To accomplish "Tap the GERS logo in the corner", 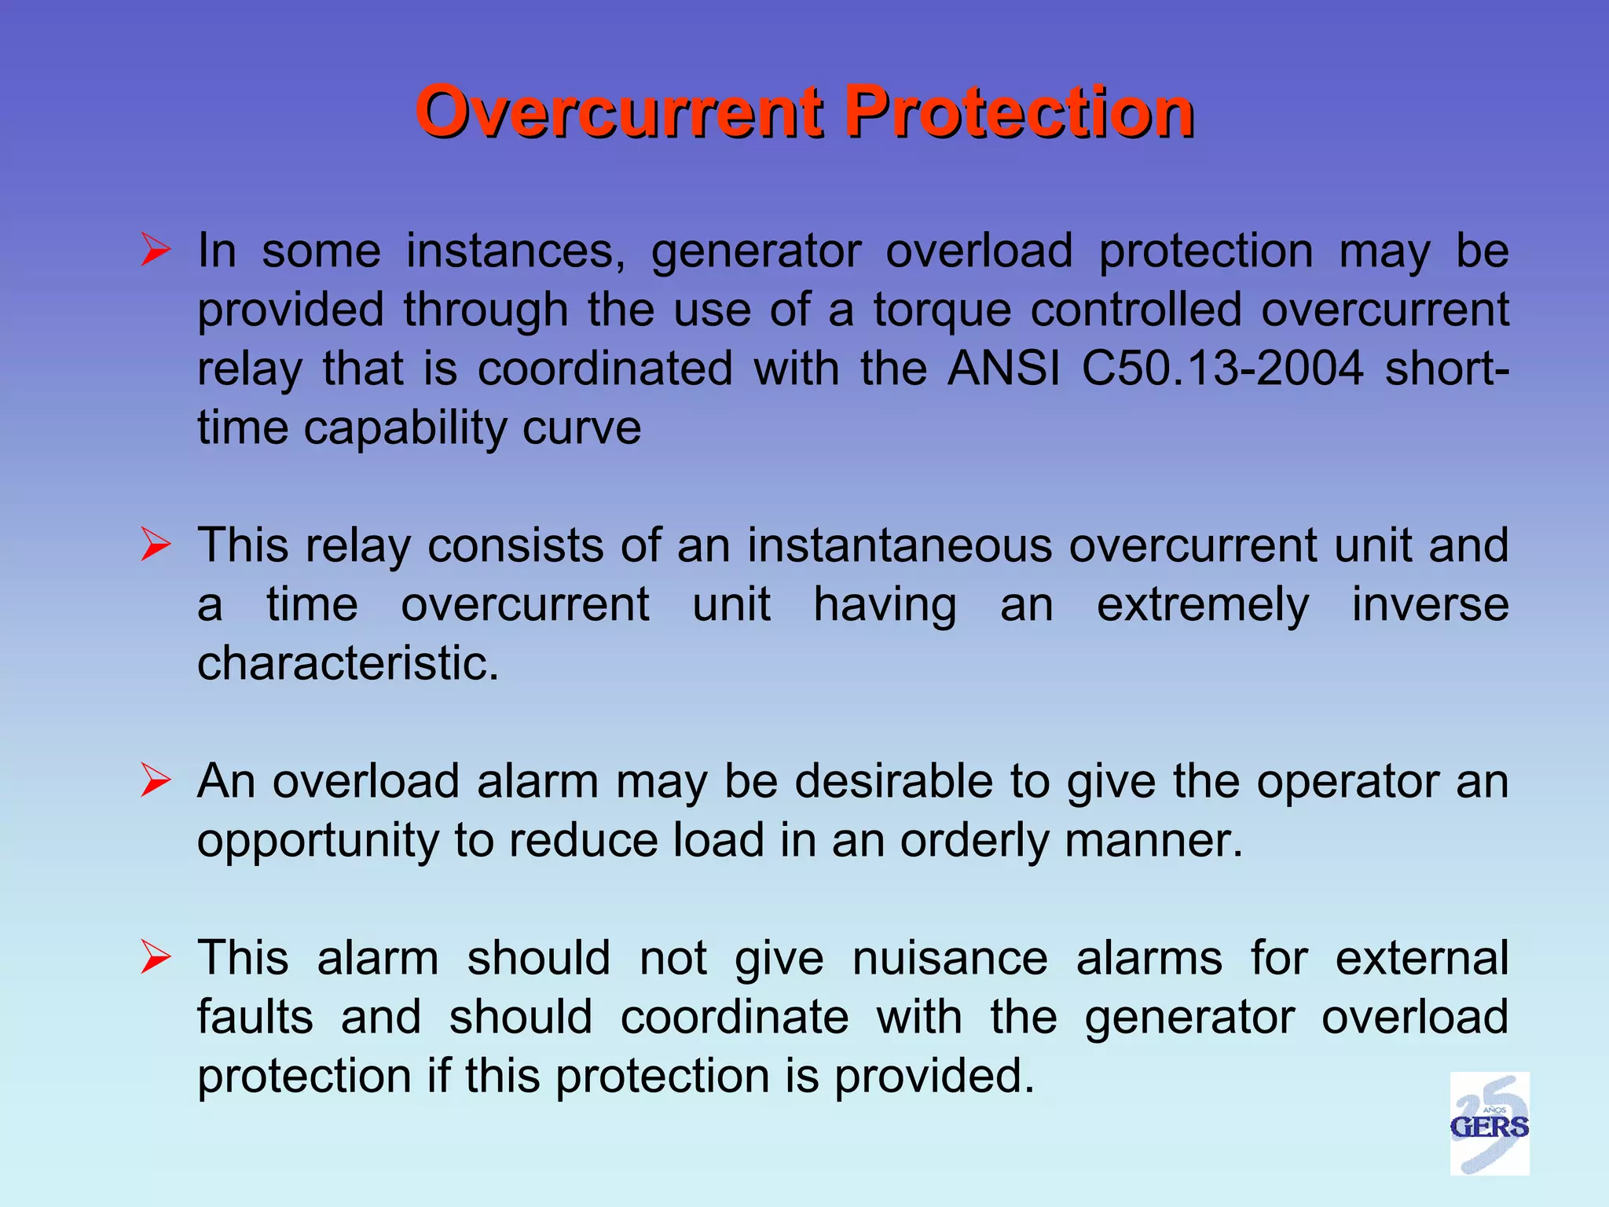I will (x=1489, y=1124).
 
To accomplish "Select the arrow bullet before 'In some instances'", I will (x=156, y=251).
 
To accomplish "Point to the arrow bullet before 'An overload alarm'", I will (x=156, y=781).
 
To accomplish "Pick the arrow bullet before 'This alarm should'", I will (x=156, y=958).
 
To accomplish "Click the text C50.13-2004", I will (x=1222, y=368).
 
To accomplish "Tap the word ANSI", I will (x=1003, y=368).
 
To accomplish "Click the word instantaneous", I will (x=899, y=545).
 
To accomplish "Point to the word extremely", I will (x=1203, y=606).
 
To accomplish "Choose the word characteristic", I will (x=347, y=663).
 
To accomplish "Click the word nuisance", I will (x=950, y=958).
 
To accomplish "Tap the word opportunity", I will (x=318, y=842).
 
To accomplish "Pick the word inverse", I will (x=1430, y=604).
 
